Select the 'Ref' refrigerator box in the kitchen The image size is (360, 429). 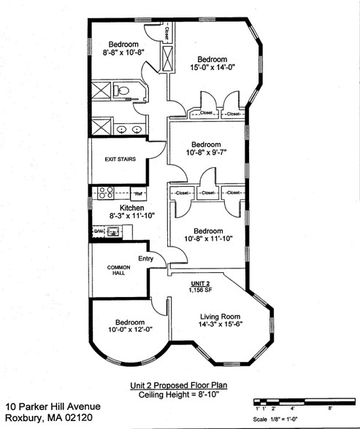[x=137, y=194]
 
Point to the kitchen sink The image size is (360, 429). [x=113, y=232]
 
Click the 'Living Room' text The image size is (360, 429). [x=221, y=317]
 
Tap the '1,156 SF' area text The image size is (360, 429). [x=202, y=290]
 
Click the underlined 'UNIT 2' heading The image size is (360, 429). [x=201, y=282]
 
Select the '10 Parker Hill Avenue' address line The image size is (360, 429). [x=53, y=406]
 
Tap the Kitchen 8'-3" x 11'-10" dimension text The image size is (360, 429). [x=122, y=216]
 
